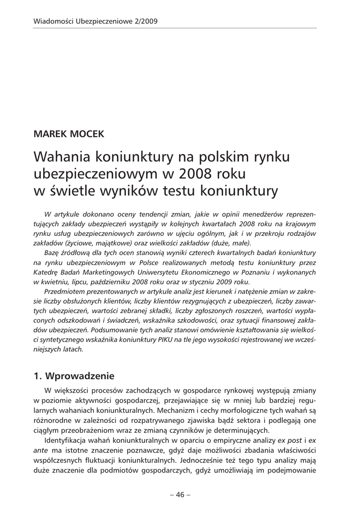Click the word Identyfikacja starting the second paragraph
pyautogui.click(x=68, y=441)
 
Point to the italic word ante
pyautogui.click(x=41, y=451)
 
